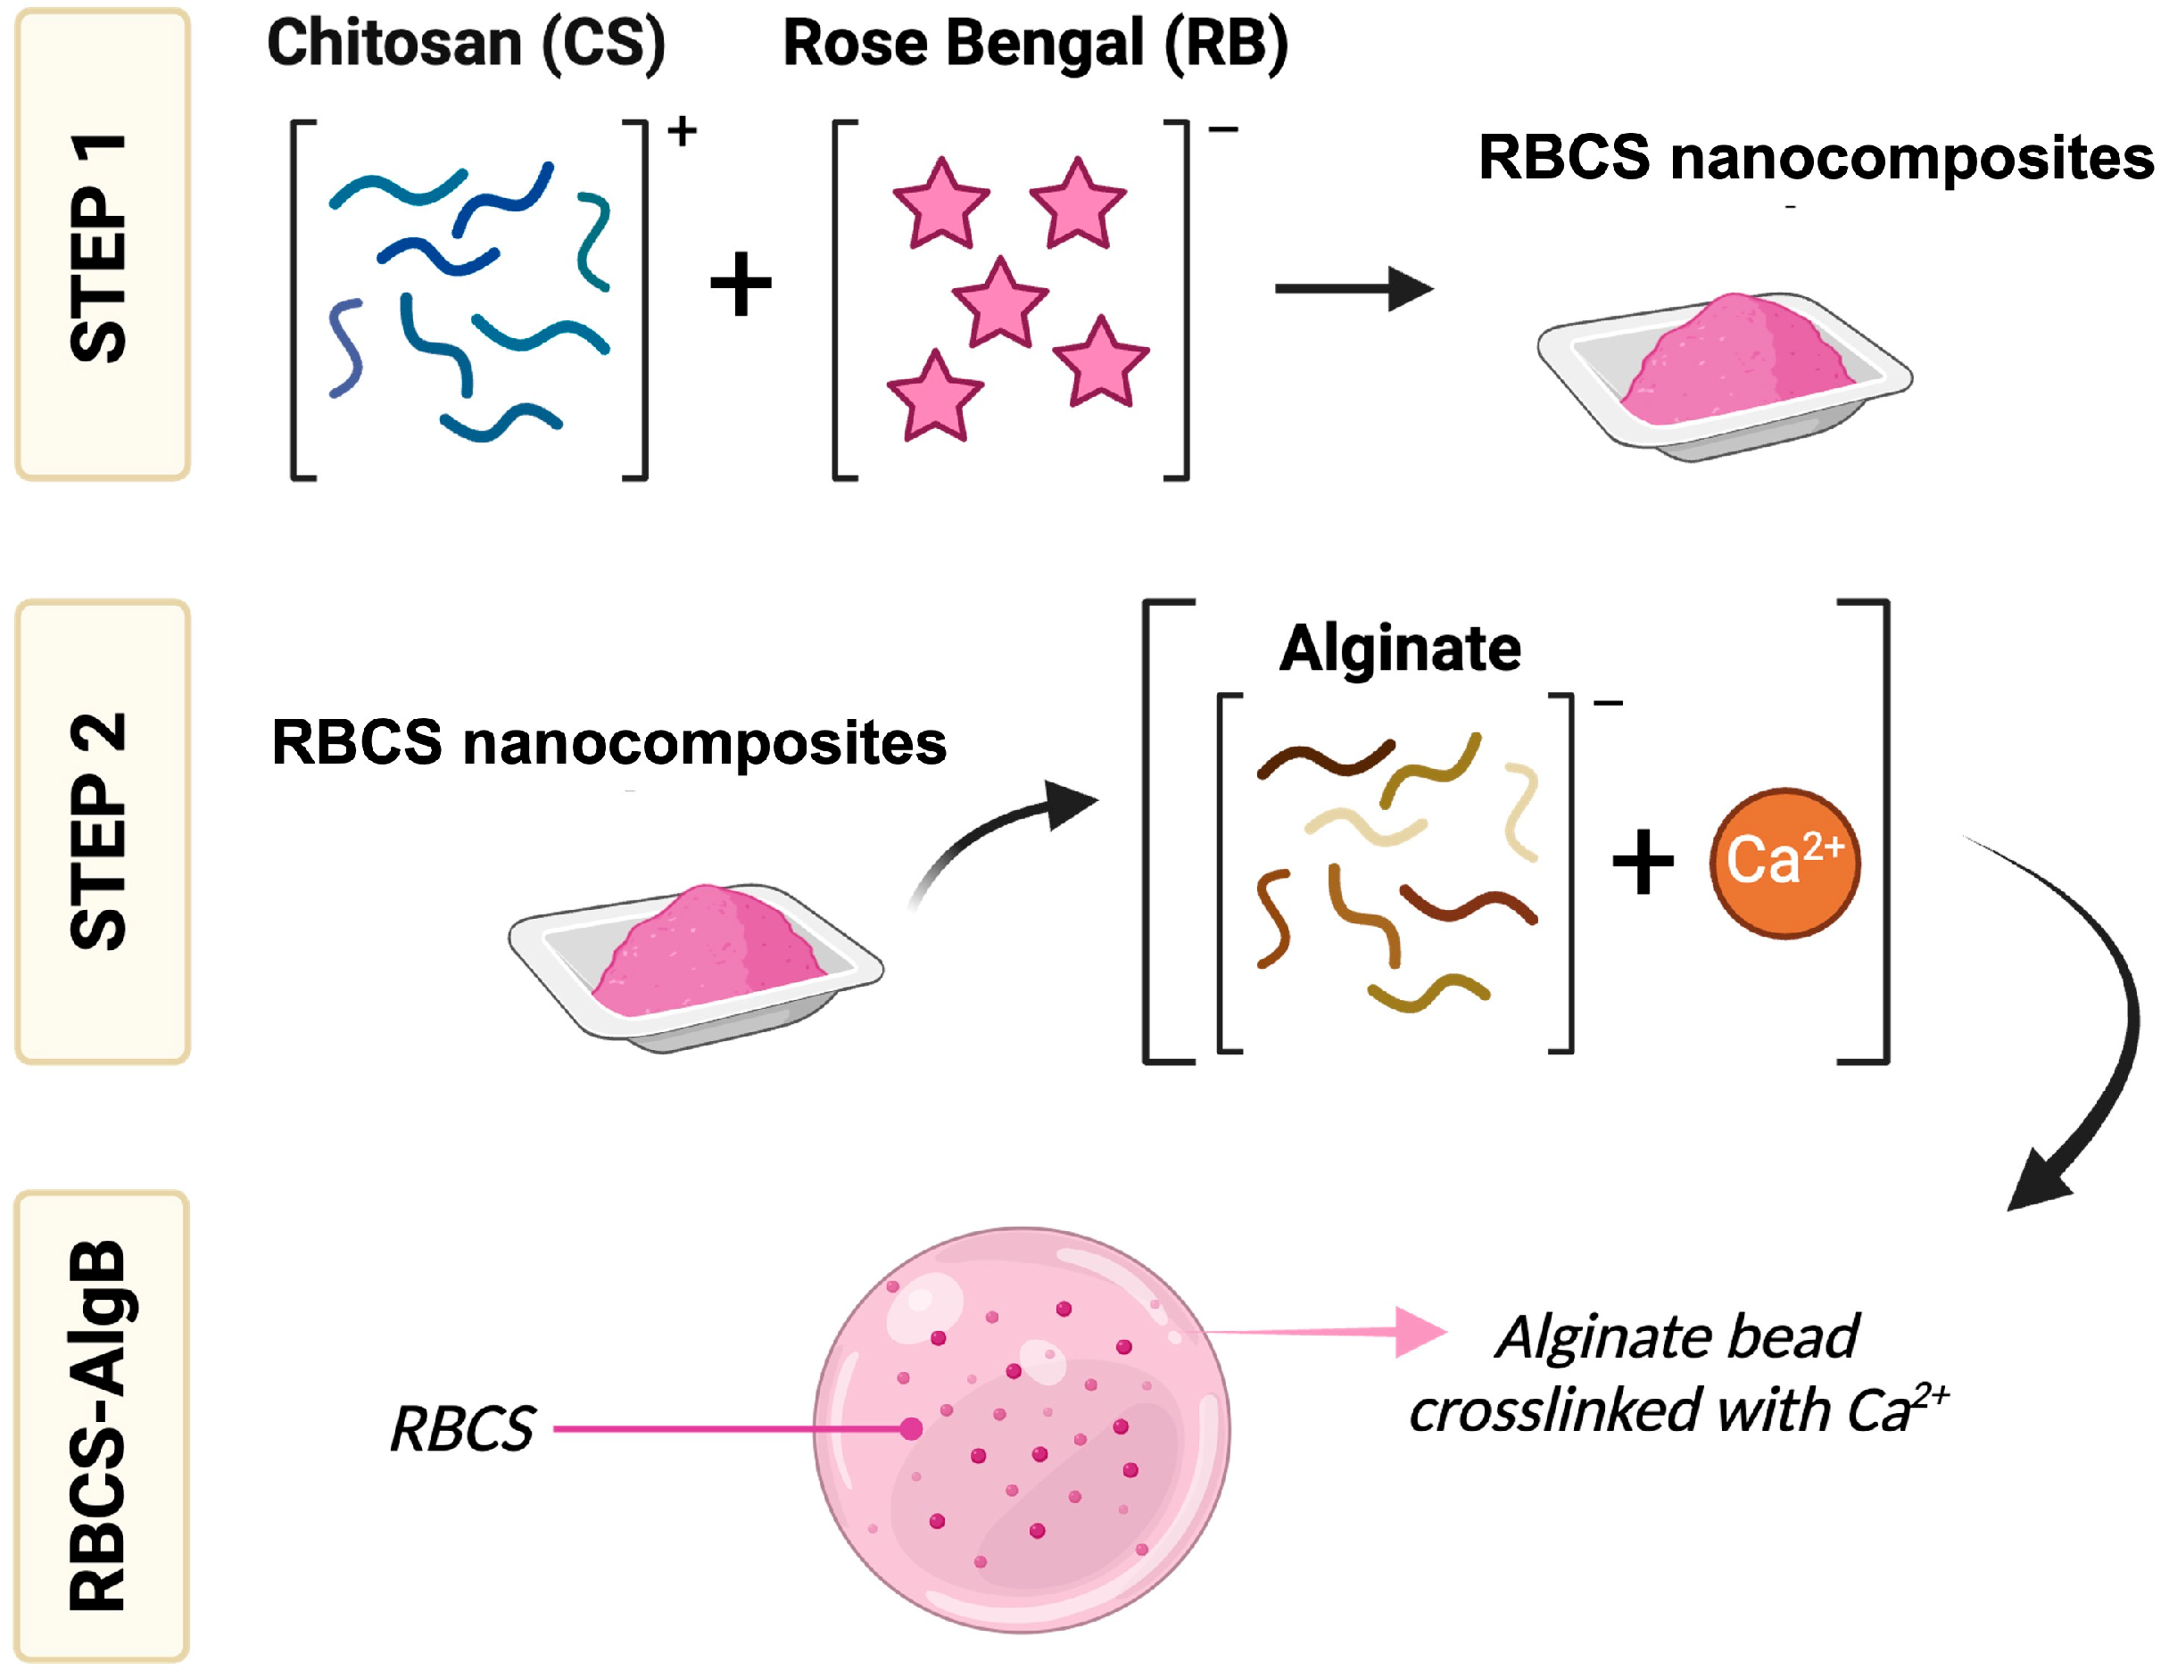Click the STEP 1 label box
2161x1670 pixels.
coord(102,244)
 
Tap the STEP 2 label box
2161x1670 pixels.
coord(102,831)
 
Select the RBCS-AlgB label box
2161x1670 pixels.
coord(102,1425)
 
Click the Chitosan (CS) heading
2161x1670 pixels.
coord(466,45)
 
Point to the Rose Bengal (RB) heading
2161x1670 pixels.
coord(1035,45)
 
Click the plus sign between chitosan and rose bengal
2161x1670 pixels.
coord(741,285)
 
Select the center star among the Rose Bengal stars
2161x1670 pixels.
coord(999,303)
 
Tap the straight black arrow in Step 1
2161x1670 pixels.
coord(1352,289)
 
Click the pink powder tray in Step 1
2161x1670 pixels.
coord(1724,374)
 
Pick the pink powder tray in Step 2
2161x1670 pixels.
coord(696,965)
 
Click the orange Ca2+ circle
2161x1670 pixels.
coord(1784,862)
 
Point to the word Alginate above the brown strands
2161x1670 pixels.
coord(1399,649)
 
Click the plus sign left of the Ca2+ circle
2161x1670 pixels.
coord(1643,862)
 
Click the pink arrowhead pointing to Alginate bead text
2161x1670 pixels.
coord(1419,1332)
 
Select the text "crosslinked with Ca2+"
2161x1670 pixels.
coord(1677,1410)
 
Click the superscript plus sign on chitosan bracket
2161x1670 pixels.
coord(682,130)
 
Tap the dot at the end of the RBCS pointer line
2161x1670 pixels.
coord(911,1428)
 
